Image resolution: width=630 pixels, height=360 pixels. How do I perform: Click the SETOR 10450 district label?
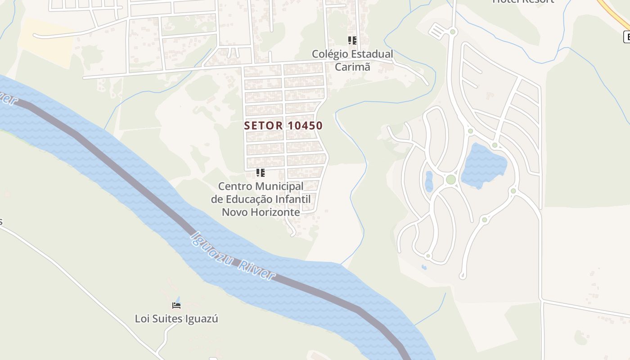point(283,126)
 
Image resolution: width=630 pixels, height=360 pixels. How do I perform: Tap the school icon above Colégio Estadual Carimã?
point(352,40)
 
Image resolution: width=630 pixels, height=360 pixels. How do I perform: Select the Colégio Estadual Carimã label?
point(352,60)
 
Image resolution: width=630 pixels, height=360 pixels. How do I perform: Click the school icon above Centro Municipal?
point(260,172)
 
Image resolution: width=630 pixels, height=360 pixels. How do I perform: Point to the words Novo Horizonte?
point(261,212)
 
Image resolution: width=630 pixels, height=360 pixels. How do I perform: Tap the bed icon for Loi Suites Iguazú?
point(176,306)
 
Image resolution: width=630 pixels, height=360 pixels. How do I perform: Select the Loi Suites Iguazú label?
point(176,319)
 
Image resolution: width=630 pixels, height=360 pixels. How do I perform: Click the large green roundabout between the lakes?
point(450,180)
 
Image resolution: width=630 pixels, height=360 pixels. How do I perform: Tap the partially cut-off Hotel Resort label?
point(523,1)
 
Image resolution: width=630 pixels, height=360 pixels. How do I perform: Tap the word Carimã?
point(352,66)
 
